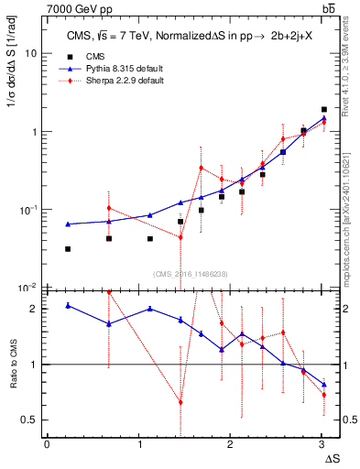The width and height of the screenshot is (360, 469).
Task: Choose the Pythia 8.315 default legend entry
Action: coord(114,69)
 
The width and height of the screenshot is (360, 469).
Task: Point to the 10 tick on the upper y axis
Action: coord(30,53)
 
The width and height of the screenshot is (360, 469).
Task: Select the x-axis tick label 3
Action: coord(322,444)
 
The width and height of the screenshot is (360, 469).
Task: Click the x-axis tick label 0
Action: coord(47,444)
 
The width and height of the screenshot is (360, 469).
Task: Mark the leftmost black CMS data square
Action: coord(68,249)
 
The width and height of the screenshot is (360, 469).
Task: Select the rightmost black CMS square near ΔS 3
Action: coord(323,110)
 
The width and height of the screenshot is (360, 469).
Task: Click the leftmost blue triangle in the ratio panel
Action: coord(68,305)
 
